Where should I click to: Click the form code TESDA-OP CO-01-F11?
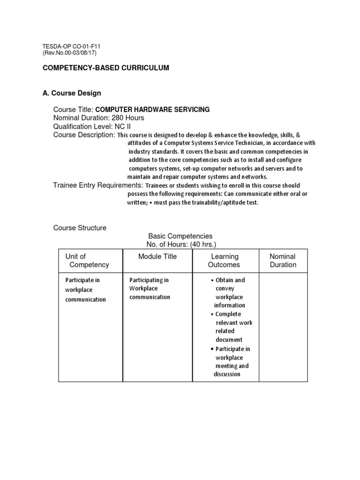(72, 46)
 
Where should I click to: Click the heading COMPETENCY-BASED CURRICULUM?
(106, 68)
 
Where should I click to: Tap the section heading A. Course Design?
(72, 93)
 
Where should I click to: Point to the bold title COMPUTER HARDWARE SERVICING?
(152, 110)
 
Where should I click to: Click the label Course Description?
(84, 135)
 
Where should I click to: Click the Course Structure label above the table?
(80, 228)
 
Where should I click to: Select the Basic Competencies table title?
(180, 236)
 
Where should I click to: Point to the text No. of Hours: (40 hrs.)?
(182, 245)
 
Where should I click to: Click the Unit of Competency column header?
(87, 261)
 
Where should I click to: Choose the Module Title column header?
(157, 256)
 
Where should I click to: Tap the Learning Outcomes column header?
(225, 261)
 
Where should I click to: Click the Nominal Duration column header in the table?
(283, 261)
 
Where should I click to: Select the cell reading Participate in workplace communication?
(85, 290)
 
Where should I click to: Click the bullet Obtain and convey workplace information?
(230, 292)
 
